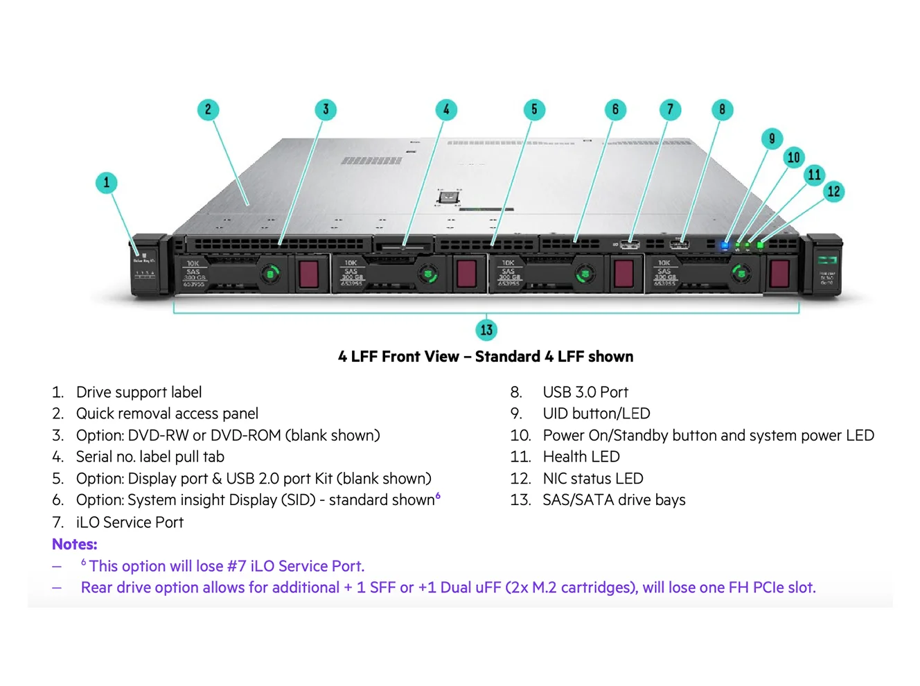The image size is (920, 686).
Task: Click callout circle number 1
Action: click(x=106, y=183)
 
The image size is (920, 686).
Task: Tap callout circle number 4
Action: click(x=446, y=109)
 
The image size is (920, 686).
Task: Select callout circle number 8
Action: click(x=722, y=109)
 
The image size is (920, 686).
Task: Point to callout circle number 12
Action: click(x=833, y=191)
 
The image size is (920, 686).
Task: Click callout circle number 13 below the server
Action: click(x=486, y=330)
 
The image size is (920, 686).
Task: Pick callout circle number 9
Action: click(x=772, y=138)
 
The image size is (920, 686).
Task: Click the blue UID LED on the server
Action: click(x=725, y=245)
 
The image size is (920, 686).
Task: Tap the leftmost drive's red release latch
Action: click(x=308, y=273)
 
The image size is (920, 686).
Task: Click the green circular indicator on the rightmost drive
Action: click(x=741, y=274)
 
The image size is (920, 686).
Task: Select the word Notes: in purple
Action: click(x=74, y=544)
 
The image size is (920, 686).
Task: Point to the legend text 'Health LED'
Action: click(x=581, y=457)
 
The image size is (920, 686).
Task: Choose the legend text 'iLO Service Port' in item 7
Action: click(x=130, y=522)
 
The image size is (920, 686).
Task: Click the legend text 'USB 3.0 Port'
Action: click(x=585, y=392)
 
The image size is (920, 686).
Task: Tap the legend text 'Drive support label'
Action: click(x=139, y=392)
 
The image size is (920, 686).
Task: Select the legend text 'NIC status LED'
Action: click(x=592, y=478)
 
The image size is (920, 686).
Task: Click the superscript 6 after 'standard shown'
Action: click(x=438, y=495)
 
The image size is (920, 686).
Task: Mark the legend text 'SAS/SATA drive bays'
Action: click(x=614, y=500)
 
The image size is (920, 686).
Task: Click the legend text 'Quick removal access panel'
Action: click(x=167, y=414)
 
